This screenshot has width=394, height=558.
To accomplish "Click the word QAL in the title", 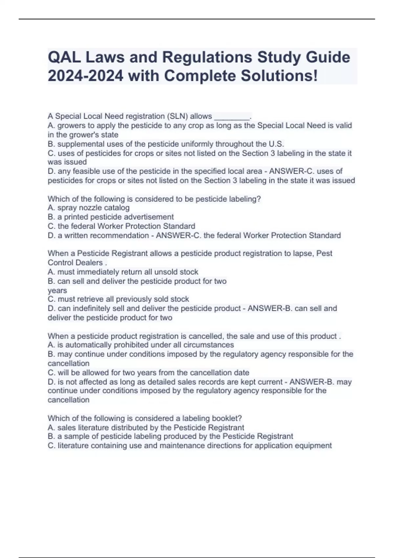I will point(64,57).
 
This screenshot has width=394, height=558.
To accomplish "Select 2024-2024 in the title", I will point(86,76).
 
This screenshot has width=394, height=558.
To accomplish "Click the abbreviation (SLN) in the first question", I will point(177,116).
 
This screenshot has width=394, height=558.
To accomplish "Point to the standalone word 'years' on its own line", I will point(57,290).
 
